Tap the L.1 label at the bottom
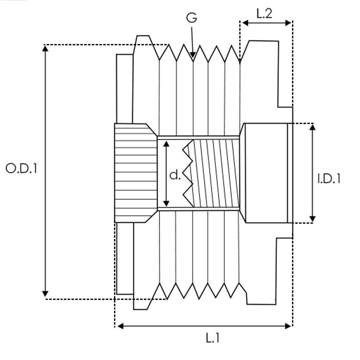(213, 338)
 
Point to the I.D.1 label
(329, 178)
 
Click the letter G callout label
(192, 18)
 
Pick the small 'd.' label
(175, 175)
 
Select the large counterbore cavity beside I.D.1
(264, 173)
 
